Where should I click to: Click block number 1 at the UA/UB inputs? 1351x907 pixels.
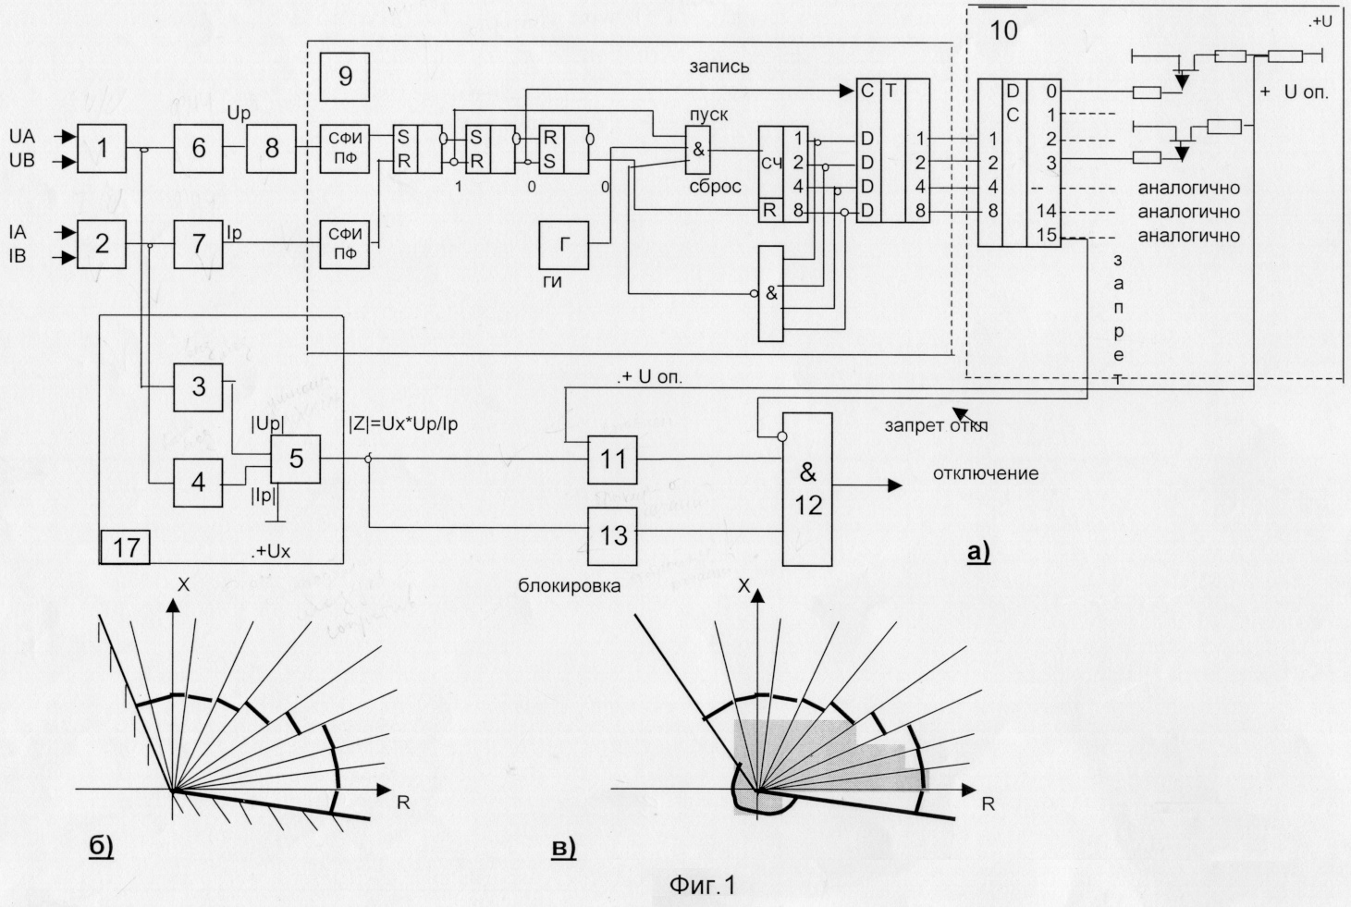click(x=102, y=148)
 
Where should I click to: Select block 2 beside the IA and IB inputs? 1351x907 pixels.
click(x=102, y=244)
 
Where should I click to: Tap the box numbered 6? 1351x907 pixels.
click(x=198, y=148)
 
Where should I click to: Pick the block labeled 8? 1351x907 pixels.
click(x=271, y=148)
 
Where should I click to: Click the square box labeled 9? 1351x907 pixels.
click(x=345, y=77)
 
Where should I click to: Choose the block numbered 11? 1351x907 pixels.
click(x=612, y=460)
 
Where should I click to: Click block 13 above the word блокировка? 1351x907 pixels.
click(x=612, y=535)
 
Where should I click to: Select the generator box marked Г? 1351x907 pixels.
click(x=565, y=245)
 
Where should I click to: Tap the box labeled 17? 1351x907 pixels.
click(x=126, y=546)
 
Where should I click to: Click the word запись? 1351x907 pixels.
click(x=718, y=67)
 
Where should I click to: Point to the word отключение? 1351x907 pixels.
click(x=985, y=473)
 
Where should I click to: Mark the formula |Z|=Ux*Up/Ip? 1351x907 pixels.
click(x=403, y=423)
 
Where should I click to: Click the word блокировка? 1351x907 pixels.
click(x=569, y=585)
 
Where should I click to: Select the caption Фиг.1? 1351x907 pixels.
click(x=701, y=885)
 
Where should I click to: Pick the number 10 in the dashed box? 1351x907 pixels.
click(x=1003, y=31)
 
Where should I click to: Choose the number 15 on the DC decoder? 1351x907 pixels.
click(x=1046, y=235)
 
